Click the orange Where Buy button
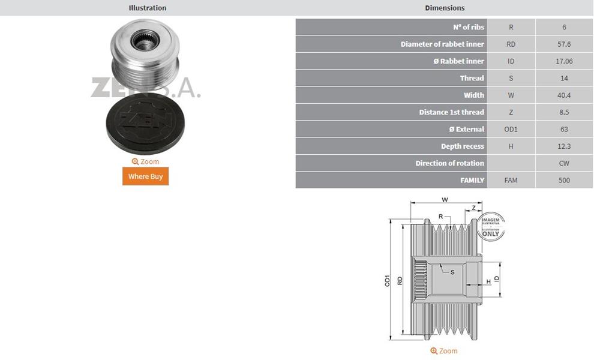point(145,176)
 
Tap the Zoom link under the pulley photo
point(145,161)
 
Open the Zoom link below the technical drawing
point(444,351)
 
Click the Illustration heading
point(148,8)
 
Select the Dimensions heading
point(445,8)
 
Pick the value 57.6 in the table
point(564,44)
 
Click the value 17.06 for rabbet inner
point(564,61)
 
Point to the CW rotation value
point(564,163)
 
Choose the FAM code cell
point(511,181)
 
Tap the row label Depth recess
point(463,146)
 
